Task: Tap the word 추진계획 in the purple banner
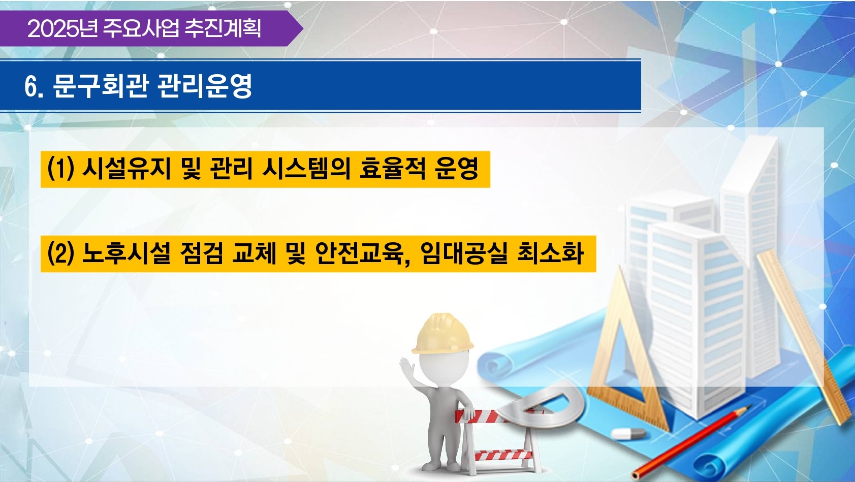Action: pos(223,28)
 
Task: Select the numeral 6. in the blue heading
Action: pos(33,87)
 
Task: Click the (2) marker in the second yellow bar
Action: pos(60,253)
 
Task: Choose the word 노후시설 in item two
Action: pos(126,253)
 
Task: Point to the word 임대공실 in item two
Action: pos(464,253)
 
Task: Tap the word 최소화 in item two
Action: pos(550,253)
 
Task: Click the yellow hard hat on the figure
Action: pos(443,334)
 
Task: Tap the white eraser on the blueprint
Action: pos(628,433)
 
